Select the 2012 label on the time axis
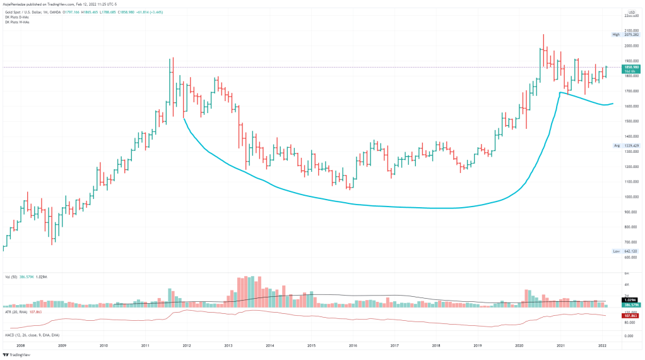[187, 346]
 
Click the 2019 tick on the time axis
[478, 346]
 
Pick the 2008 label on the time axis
[21, 346]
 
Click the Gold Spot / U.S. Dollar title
[29, 11]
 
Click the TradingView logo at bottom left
[16, 355]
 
